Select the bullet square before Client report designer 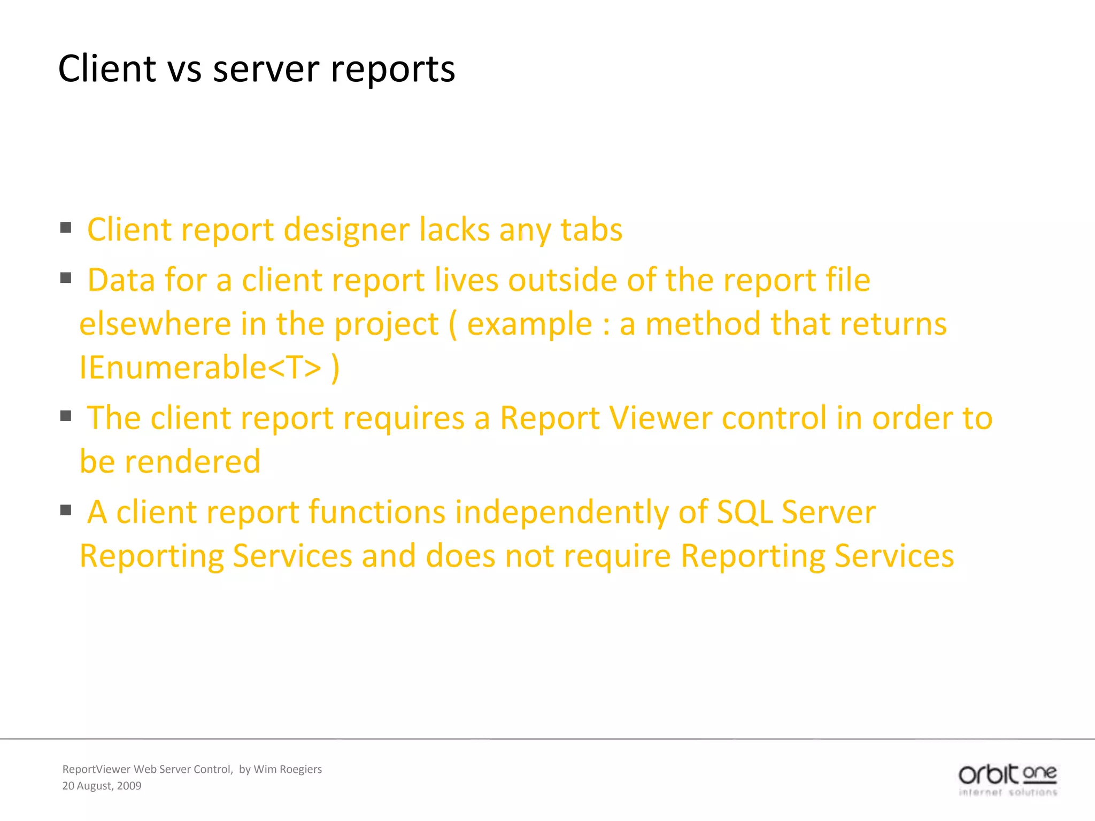point(66,228)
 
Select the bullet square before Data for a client point(66,278)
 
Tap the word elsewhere point(155,324)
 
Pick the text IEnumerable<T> point(201,368)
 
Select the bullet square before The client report point(66,416)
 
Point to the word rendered point(192,462)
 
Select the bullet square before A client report point(66,510)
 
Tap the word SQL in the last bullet point(744,512)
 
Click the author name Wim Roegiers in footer point(288,769)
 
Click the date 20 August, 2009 point(102,786)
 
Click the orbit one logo point(1007,779)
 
